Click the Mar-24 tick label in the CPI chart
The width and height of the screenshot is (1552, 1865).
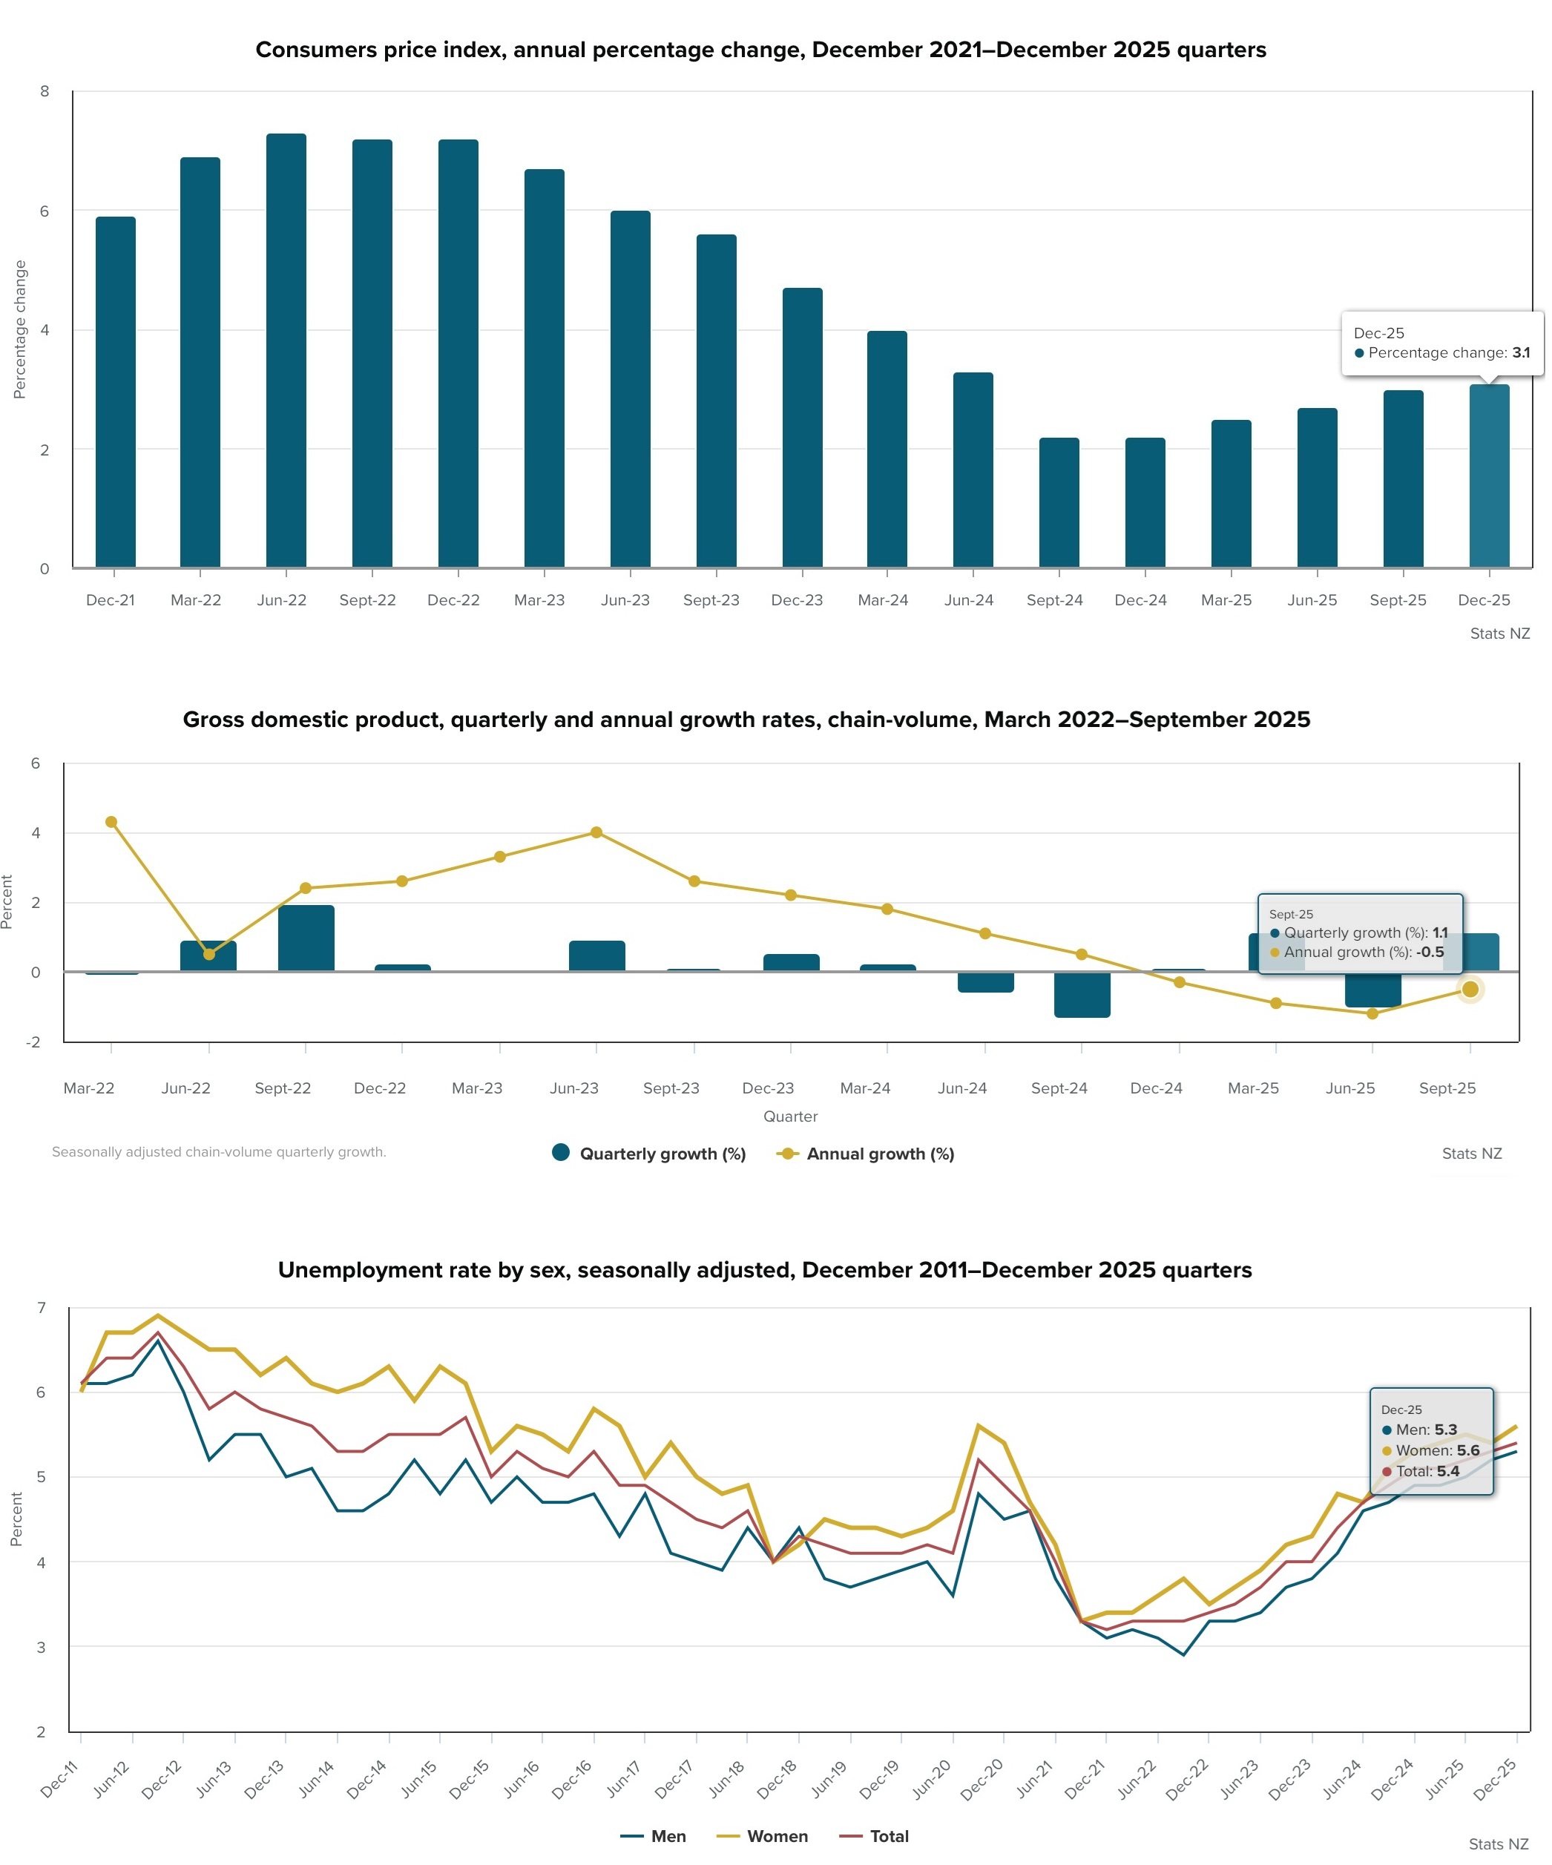point(883,600)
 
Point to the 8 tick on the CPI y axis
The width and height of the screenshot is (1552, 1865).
point(45,91)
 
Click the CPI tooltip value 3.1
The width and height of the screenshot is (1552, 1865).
point(1521,352)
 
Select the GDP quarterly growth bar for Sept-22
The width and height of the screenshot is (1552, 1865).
point(306,938)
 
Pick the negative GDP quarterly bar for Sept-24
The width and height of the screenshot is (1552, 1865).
point(1082,994)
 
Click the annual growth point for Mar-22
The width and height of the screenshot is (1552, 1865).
point(111,821)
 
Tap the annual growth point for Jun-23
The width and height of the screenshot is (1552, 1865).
point(596,832)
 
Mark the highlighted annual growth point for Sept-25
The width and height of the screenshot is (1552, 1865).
point(1470,990)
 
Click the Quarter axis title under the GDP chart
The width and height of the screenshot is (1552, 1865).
point(790,1116)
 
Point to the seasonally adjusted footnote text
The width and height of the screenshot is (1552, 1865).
point(219,1152)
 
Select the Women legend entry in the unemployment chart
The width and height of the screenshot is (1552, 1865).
point(762,1835)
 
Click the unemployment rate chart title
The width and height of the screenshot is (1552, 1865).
point(765,1270)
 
